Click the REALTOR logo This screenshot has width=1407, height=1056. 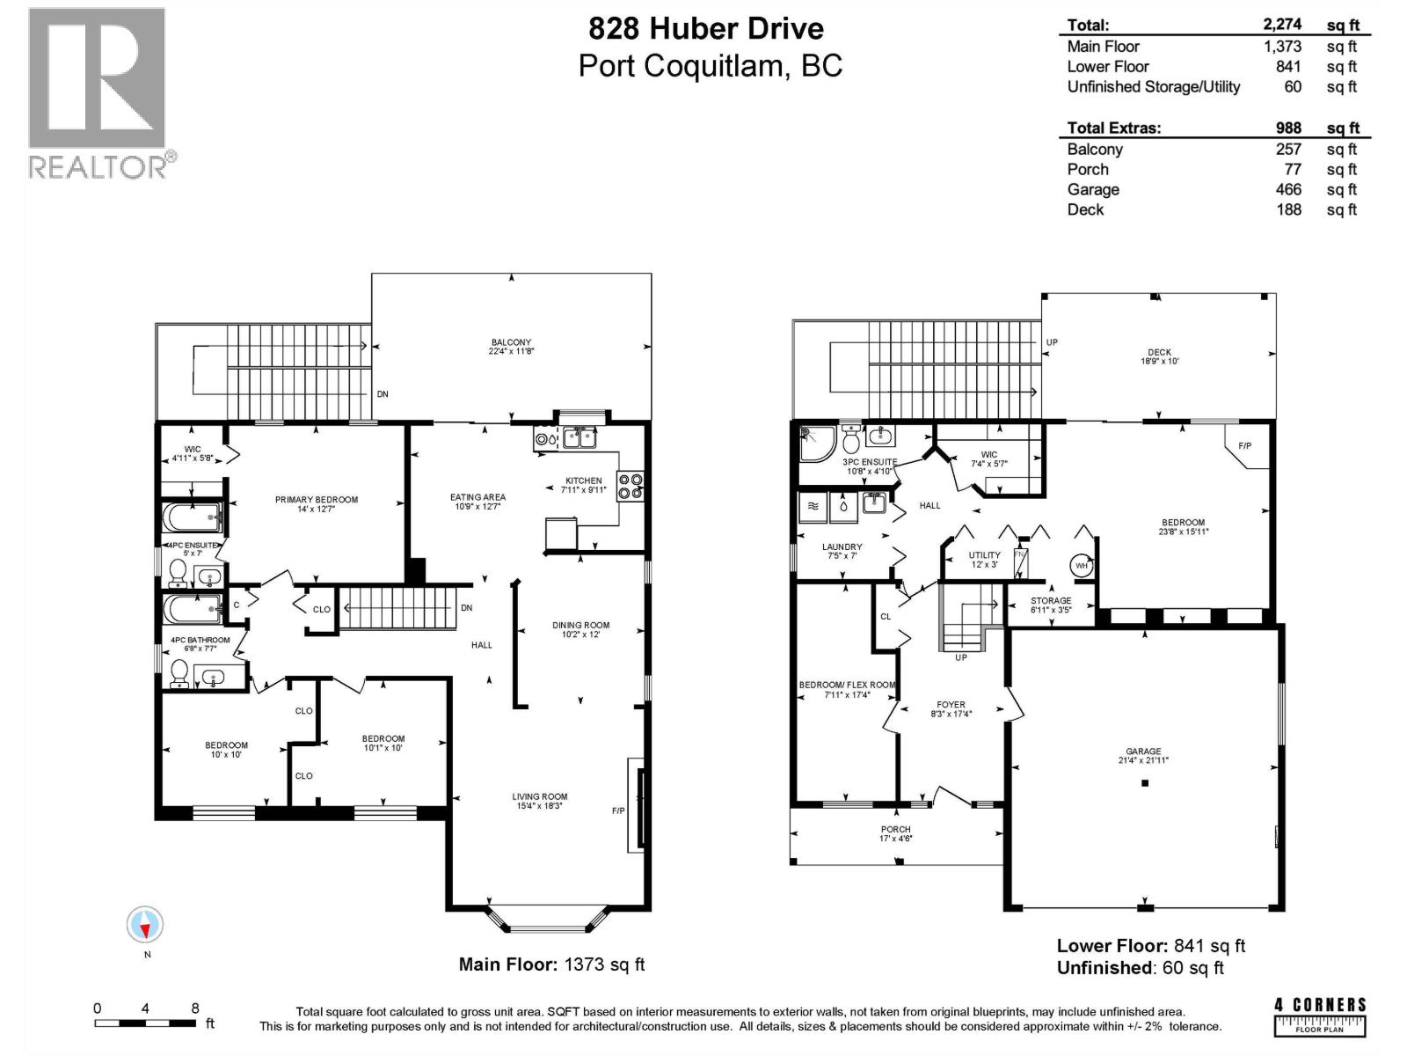(x=102, y=93)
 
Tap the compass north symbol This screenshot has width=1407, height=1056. (x=145, y=925)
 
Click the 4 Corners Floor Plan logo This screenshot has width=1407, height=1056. (x=1320, y=1016)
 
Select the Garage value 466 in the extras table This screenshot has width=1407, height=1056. (x=1288, y=189)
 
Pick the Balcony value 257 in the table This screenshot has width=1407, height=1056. (x=1288, y=149)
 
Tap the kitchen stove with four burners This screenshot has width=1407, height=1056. (x=631, y=486)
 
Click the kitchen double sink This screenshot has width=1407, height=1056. (x=580, y=438)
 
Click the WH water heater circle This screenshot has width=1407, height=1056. (x=1082, y=566)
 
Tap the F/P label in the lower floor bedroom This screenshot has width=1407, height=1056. (x=1244, y=445)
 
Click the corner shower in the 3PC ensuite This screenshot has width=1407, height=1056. (x=817, y=444)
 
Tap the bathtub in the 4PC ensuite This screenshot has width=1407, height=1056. (x=193, y=517)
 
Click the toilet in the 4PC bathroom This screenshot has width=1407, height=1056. (x=179, y=673)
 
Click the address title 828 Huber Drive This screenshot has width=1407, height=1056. (x=706, y=29)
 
